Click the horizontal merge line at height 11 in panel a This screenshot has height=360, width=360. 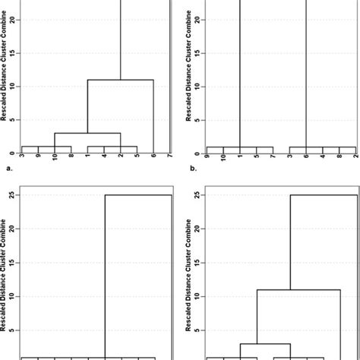[121, 80]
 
